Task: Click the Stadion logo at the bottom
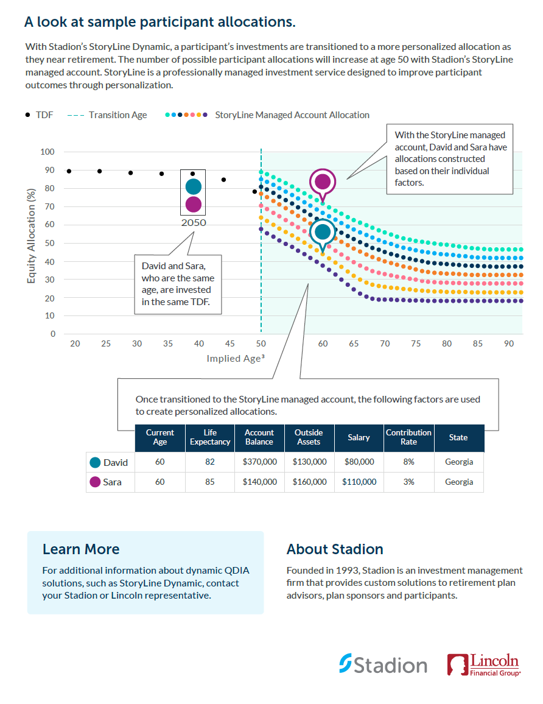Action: [383, 664]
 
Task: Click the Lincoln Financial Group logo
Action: [483, 665]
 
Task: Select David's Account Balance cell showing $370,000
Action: [259, 462]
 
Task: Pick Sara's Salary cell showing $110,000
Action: [359, 482]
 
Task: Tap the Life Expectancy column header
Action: [210, 437]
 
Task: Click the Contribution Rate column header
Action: [408, 437]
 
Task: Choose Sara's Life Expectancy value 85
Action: [210, 482]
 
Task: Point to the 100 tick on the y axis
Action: [48, 152]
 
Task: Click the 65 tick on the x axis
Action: [354, 344]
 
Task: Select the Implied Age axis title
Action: [235, 359]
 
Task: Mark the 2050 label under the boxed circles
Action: [193, 223]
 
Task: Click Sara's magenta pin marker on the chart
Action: [323, 181]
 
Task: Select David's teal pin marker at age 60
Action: [323, 232]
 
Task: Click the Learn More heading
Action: [81, 549]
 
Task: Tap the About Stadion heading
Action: [335, 549]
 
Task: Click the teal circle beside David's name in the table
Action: [95, 462]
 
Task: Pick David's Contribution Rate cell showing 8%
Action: [408, 462]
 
